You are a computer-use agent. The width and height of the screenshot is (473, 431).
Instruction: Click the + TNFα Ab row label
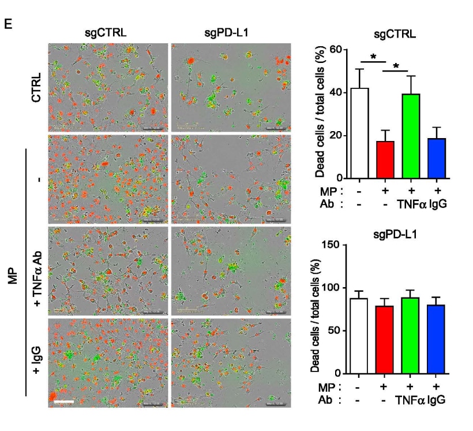37,270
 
